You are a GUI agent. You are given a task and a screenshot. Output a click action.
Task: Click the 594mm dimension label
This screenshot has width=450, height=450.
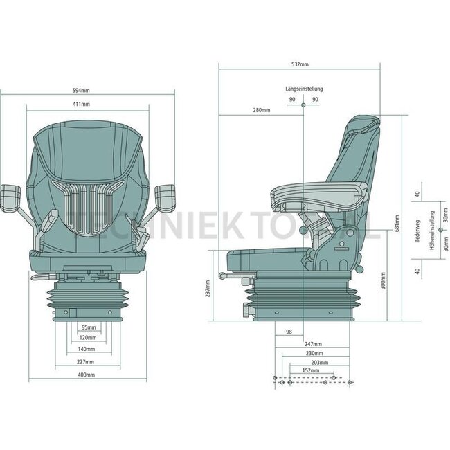pyautogui.click(x=81, y=90)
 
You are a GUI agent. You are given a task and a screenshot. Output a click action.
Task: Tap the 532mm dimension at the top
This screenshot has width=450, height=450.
pyautogui.click(x=300, y=64)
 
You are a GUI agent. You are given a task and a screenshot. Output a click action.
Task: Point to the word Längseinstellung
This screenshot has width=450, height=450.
pyautogui.click(x=304, y=89)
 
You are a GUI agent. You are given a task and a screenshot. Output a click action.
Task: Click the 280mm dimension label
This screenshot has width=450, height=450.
pyautogui.click(x=261, y=111)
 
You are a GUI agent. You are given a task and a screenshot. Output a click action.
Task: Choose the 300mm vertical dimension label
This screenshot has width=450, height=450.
pyautogui.click(x=383, y=280)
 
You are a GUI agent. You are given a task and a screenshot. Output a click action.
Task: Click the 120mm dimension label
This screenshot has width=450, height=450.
pyautogui.click(x=87, y=338)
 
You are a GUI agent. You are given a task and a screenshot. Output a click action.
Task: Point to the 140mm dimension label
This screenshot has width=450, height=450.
pyautogui.click(x=87, y=350)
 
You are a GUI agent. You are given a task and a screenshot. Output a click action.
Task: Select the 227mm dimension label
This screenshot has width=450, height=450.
pyautogui.click(x=86, y=362)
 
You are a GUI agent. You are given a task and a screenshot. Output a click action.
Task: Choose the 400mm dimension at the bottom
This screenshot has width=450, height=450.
pyautogui.click(x=86, y=375)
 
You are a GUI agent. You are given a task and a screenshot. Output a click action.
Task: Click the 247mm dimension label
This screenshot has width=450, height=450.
pyautogui.click(x=313, y=344)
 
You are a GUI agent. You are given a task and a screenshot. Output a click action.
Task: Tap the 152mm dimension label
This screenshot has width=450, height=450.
pyautogui.click(x=312, y=370)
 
